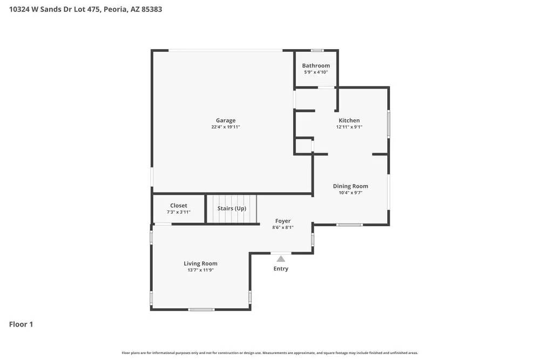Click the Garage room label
(x=226, y=120)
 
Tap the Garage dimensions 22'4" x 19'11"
(x=226, y=127)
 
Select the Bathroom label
(x=316, y=66)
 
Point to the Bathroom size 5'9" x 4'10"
(x=316, y=72)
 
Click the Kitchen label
(x=349, y=120)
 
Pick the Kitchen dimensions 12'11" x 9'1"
(x=349, y=127)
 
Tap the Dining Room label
(x=350, y=186)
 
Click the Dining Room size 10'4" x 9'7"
(x=350, y=193)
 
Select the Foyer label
(x=283, y=221)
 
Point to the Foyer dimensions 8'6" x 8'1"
(x=283, y=228)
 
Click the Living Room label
(x=200, y=263)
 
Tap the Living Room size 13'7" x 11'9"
(x=200, y=270)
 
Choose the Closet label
(x=179, y=206)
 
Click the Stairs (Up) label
(x=232, y=208)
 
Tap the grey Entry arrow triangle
(x=281, y=259)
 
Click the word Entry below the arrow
(x=281, y=269)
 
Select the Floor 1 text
(x=21, y=324)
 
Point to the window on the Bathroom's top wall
(x=318, y=51)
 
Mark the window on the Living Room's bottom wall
(x=201, y=309)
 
